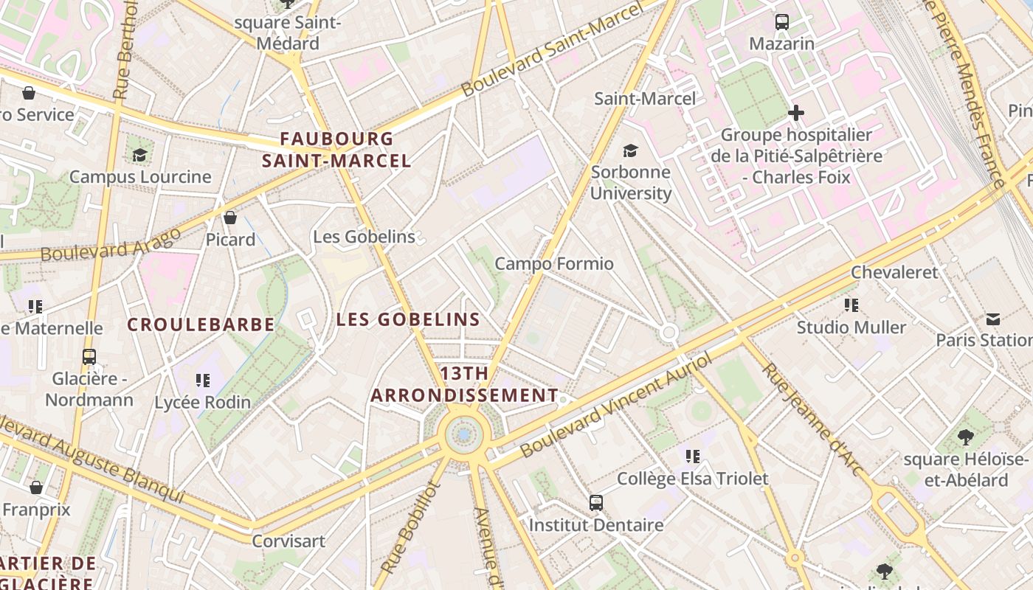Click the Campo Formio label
click(x=553, y=263)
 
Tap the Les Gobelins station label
click(x=364, y=237)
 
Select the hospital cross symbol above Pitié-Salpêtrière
click(x=795, y=113)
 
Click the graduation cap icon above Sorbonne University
click(x=630, y=151)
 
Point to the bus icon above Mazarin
click(x=781, y=22)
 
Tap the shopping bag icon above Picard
click(x=230, y=217)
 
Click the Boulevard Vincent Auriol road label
click(x=616, y=405)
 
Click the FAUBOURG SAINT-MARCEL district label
click(x=336, y=150)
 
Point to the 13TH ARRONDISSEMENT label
click(x=464, y=384)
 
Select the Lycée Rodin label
click(x=202, y=403)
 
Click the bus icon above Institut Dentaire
click(x=596, y=503)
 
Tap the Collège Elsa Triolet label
click(x=692, y=479)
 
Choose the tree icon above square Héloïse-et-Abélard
click(x=965, y=437)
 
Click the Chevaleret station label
click(x=894, y=272)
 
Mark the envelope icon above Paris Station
click(x=992, y=319)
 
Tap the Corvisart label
click(x=289, y=541)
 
